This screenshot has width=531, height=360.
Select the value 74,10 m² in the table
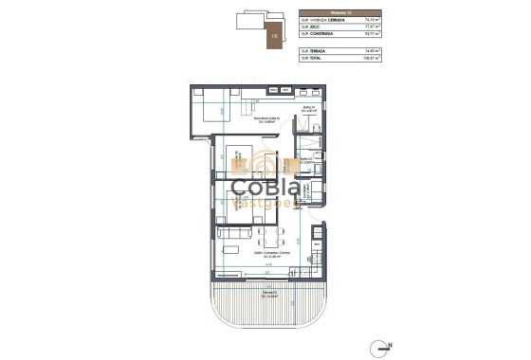(x=371, y=19)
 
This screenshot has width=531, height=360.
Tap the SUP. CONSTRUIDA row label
(x=316, y=34)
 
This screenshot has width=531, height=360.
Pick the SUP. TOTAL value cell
(x=371, y=58)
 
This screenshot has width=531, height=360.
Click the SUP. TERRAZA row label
(x=313, y=50)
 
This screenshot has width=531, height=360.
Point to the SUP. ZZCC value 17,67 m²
(x=371, y=27)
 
